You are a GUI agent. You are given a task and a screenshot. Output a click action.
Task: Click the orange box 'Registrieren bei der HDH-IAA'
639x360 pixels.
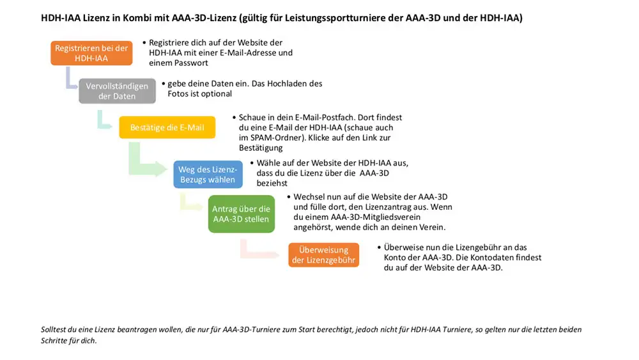tap(91, 53)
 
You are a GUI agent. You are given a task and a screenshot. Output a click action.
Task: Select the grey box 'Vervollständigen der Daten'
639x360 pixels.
tap(117, 91)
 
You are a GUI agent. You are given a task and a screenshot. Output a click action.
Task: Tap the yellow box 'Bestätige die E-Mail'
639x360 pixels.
tap(167, 127)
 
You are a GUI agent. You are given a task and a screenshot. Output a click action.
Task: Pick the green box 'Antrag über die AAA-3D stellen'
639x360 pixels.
tap(241, 214)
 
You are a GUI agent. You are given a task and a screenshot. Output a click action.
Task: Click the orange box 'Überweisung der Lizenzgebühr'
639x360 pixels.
tap(323, 255)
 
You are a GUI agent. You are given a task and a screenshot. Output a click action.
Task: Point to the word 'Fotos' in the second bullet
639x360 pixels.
tap(189, 94)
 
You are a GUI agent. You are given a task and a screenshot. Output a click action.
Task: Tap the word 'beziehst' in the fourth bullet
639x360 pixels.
tap(273, 183)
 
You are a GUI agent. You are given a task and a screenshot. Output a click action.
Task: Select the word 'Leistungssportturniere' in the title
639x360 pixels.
tap(352, 18)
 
